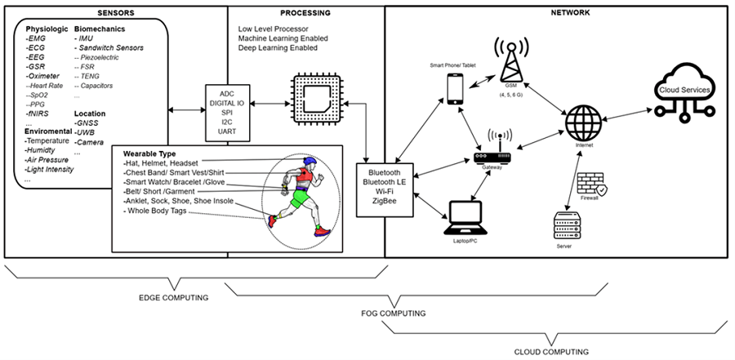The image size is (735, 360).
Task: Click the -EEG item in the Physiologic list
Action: [x=36, y=58]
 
